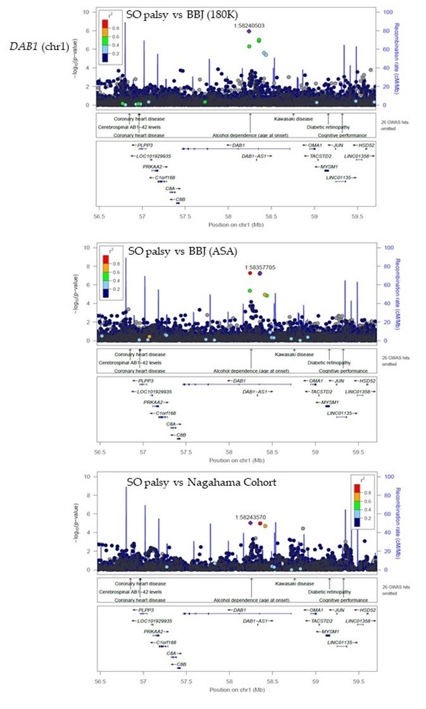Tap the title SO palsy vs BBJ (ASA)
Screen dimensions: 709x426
click(x=182, y=251)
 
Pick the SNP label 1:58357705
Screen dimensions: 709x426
click(x=251, y=268)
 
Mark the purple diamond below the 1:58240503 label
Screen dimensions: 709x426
click(x=249, y=32)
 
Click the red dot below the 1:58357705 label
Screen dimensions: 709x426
click(x=250, y=273)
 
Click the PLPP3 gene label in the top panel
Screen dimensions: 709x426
click(x=146, y=145)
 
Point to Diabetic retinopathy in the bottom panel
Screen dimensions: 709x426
click(x=327, y=591)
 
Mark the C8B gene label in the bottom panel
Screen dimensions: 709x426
click(x=181, y=664)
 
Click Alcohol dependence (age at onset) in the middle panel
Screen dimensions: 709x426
click(x=251, y=371)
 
